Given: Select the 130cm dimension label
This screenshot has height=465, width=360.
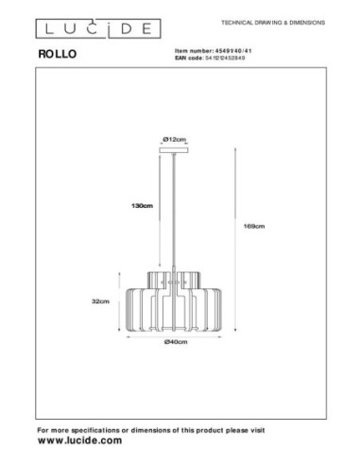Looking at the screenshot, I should [142, 208].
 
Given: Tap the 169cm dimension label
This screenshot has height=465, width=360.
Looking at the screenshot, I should [253, 226].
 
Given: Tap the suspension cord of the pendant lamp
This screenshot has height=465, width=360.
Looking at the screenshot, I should [173, 208].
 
